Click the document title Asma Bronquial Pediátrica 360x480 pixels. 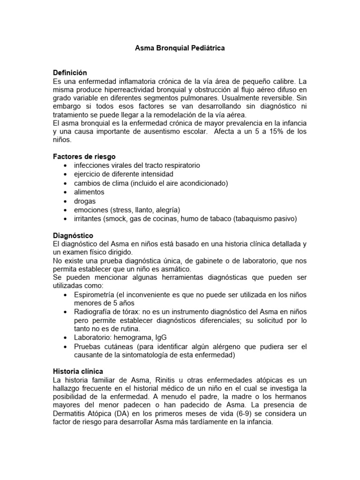click(x=180, y=48)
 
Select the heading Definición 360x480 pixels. click(x=71, y=73)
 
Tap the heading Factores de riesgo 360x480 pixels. click(x=84, y=157)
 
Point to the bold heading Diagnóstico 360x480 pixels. click(x=74, y=235)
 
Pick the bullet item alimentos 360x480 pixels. click(x=89, y=192)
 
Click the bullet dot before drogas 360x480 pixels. click(x=64, y=201)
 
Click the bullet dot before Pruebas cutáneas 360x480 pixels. click(x=64, y=347)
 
